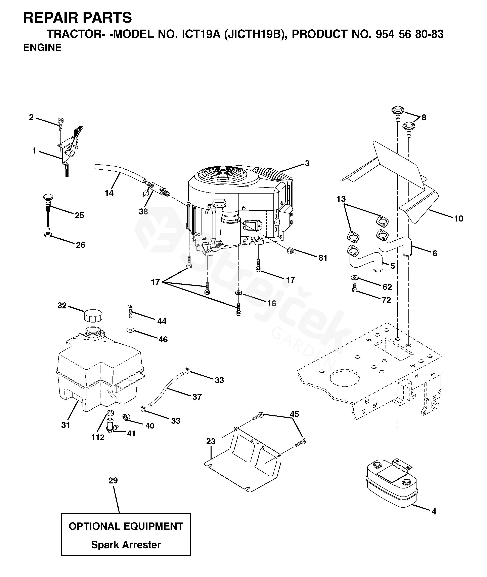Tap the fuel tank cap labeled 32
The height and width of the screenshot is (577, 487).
tap(93, 315)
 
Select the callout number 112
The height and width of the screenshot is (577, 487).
tap(98, 437)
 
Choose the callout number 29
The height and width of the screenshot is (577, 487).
tap(113, 480)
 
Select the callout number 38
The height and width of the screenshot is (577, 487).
tap(143, 211)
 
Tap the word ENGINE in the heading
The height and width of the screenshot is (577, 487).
tap(42, 47)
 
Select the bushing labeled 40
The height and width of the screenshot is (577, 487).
tap(126, 416)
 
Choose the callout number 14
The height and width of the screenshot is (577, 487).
tap(109, 193)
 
